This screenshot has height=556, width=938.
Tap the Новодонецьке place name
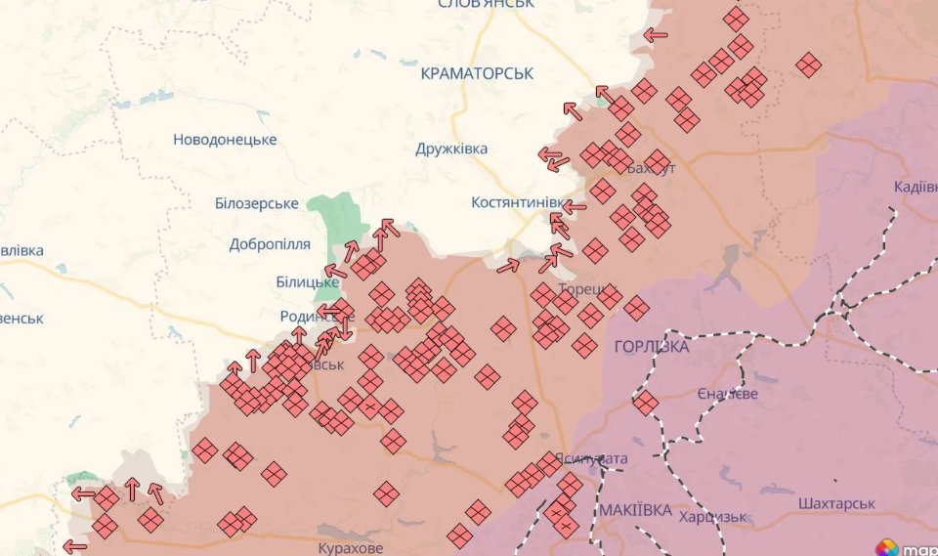[225, 140]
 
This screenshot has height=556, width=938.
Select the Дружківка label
[450, 149]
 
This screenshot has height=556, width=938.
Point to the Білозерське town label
[256, 203]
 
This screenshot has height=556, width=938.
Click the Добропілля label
[270, 244]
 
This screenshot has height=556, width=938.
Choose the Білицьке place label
[307, 282]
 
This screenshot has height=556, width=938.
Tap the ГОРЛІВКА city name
[652, 347]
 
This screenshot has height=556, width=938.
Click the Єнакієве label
[728, 393]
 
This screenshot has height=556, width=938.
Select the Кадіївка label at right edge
[916, 187]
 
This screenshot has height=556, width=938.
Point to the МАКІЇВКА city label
[635, 511]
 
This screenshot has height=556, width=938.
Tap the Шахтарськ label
[835, 503]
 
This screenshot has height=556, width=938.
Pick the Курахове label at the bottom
[351, 548]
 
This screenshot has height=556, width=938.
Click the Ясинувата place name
[591, 458]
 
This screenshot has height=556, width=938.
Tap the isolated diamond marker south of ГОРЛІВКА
[645, 403]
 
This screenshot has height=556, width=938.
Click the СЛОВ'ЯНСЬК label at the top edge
[486, 4]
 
